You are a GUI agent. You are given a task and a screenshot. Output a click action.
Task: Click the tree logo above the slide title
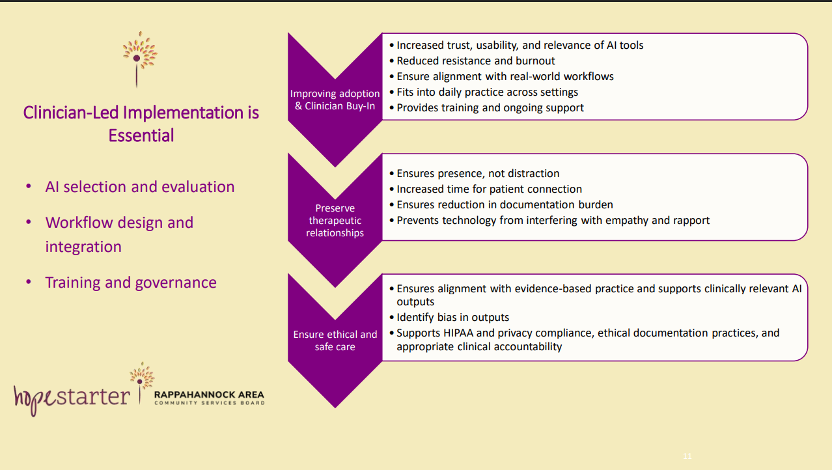[140, 59]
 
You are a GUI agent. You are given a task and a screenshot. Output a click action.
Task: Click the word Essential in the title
[141, 135]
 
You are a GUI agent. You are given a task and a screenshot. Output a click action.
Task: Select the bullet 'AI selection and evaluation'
[140, 187]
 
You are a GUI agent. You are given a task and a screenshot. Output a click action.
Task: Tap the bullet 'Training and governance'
[131, 283]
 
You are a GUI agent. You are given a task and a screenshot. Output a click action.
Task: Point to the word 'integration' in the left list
[83, 247]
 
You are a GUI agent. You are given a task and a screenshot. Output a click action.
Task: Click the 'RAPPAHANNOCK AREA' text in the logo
[209, 394]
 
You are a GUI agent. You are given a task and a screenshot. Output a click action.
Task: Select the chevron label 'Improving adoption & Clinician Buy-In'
[335, 100]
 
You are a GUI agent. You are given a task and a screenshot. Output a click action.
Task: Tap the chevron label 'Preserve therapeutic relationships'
[335, 220]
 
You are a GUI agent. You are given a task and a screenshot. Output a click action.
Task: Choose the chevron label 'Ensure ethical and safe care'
[335, 340]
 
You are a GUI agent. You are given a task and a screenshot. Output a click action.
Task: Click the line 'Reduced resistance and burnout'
[475, 61]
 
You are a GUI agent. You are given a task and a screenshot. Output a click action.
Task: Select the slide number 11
[687, 456]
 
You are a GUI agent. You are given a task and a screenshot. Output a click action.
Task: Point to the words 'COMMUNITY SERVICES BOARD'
[209, 403]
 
